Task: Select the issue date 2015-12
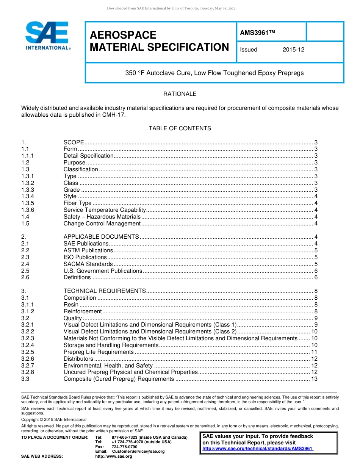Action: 293,50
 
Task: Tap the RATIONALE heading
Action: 180,94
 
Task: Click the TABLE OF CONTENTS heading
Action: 180,128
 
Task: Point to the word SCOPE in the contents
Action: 74,142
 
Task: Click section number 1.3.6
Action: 28,210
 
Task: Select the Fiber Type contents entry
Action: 77,203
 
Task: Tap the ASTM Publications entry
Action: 88,250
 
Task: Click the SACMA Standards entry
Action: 88,264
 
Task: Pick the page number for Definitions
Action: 316,277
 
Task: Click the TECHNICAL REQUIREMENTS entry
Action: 104,291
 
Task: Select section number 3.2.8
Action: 28,372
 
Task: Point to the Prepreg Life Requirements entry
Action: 99,352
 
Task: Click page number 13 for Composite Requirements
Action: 314,379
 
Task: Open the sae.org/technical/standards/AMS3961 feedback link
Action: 258,449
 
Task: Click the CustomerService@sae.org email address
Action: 138,451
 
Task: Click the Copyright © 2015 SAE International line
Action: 54,419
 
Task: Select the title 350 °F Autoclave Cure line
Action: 214,73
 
